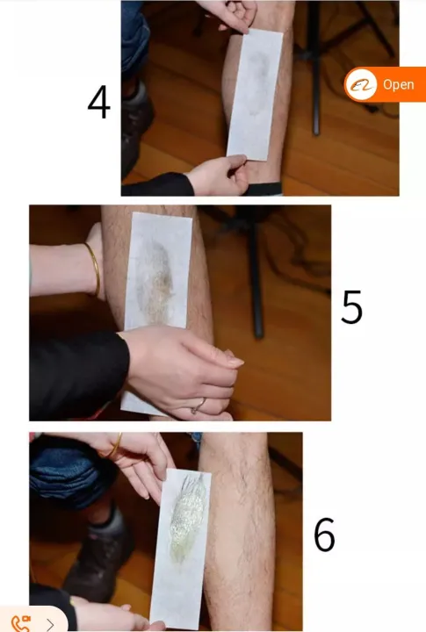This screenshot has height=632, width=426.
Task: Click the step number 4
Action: pos(99,102)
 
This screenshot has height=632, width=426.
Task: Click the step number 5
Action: pos(351,306)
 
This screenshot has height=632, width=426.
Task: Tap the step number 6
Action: pos(325,535)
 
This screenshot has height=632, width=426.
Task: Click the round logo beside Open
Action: pos(361,84)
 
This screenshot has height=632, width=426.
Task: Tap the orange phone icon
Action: pos(21,623)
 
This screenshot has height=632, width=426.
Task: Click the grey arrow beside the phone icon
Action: pos(50,625)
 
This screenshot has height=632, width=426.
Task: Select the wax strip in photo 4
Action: pos(255,95)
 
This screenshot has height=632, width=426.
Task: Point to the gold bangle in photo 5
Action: pos(94,268)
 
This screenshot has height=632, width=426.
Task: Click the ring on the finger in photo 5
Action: pos(199,406)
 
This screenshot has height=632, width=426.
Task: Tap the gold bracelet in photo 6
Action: pos(116,444)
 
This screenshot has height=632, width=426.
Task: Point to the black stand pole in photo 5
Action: pos(255,274)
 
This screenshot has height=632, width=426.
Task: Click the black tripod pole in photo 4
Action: pos(315,68)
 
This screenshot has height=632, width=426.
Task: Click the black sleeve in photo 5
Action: pos(79,375)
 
